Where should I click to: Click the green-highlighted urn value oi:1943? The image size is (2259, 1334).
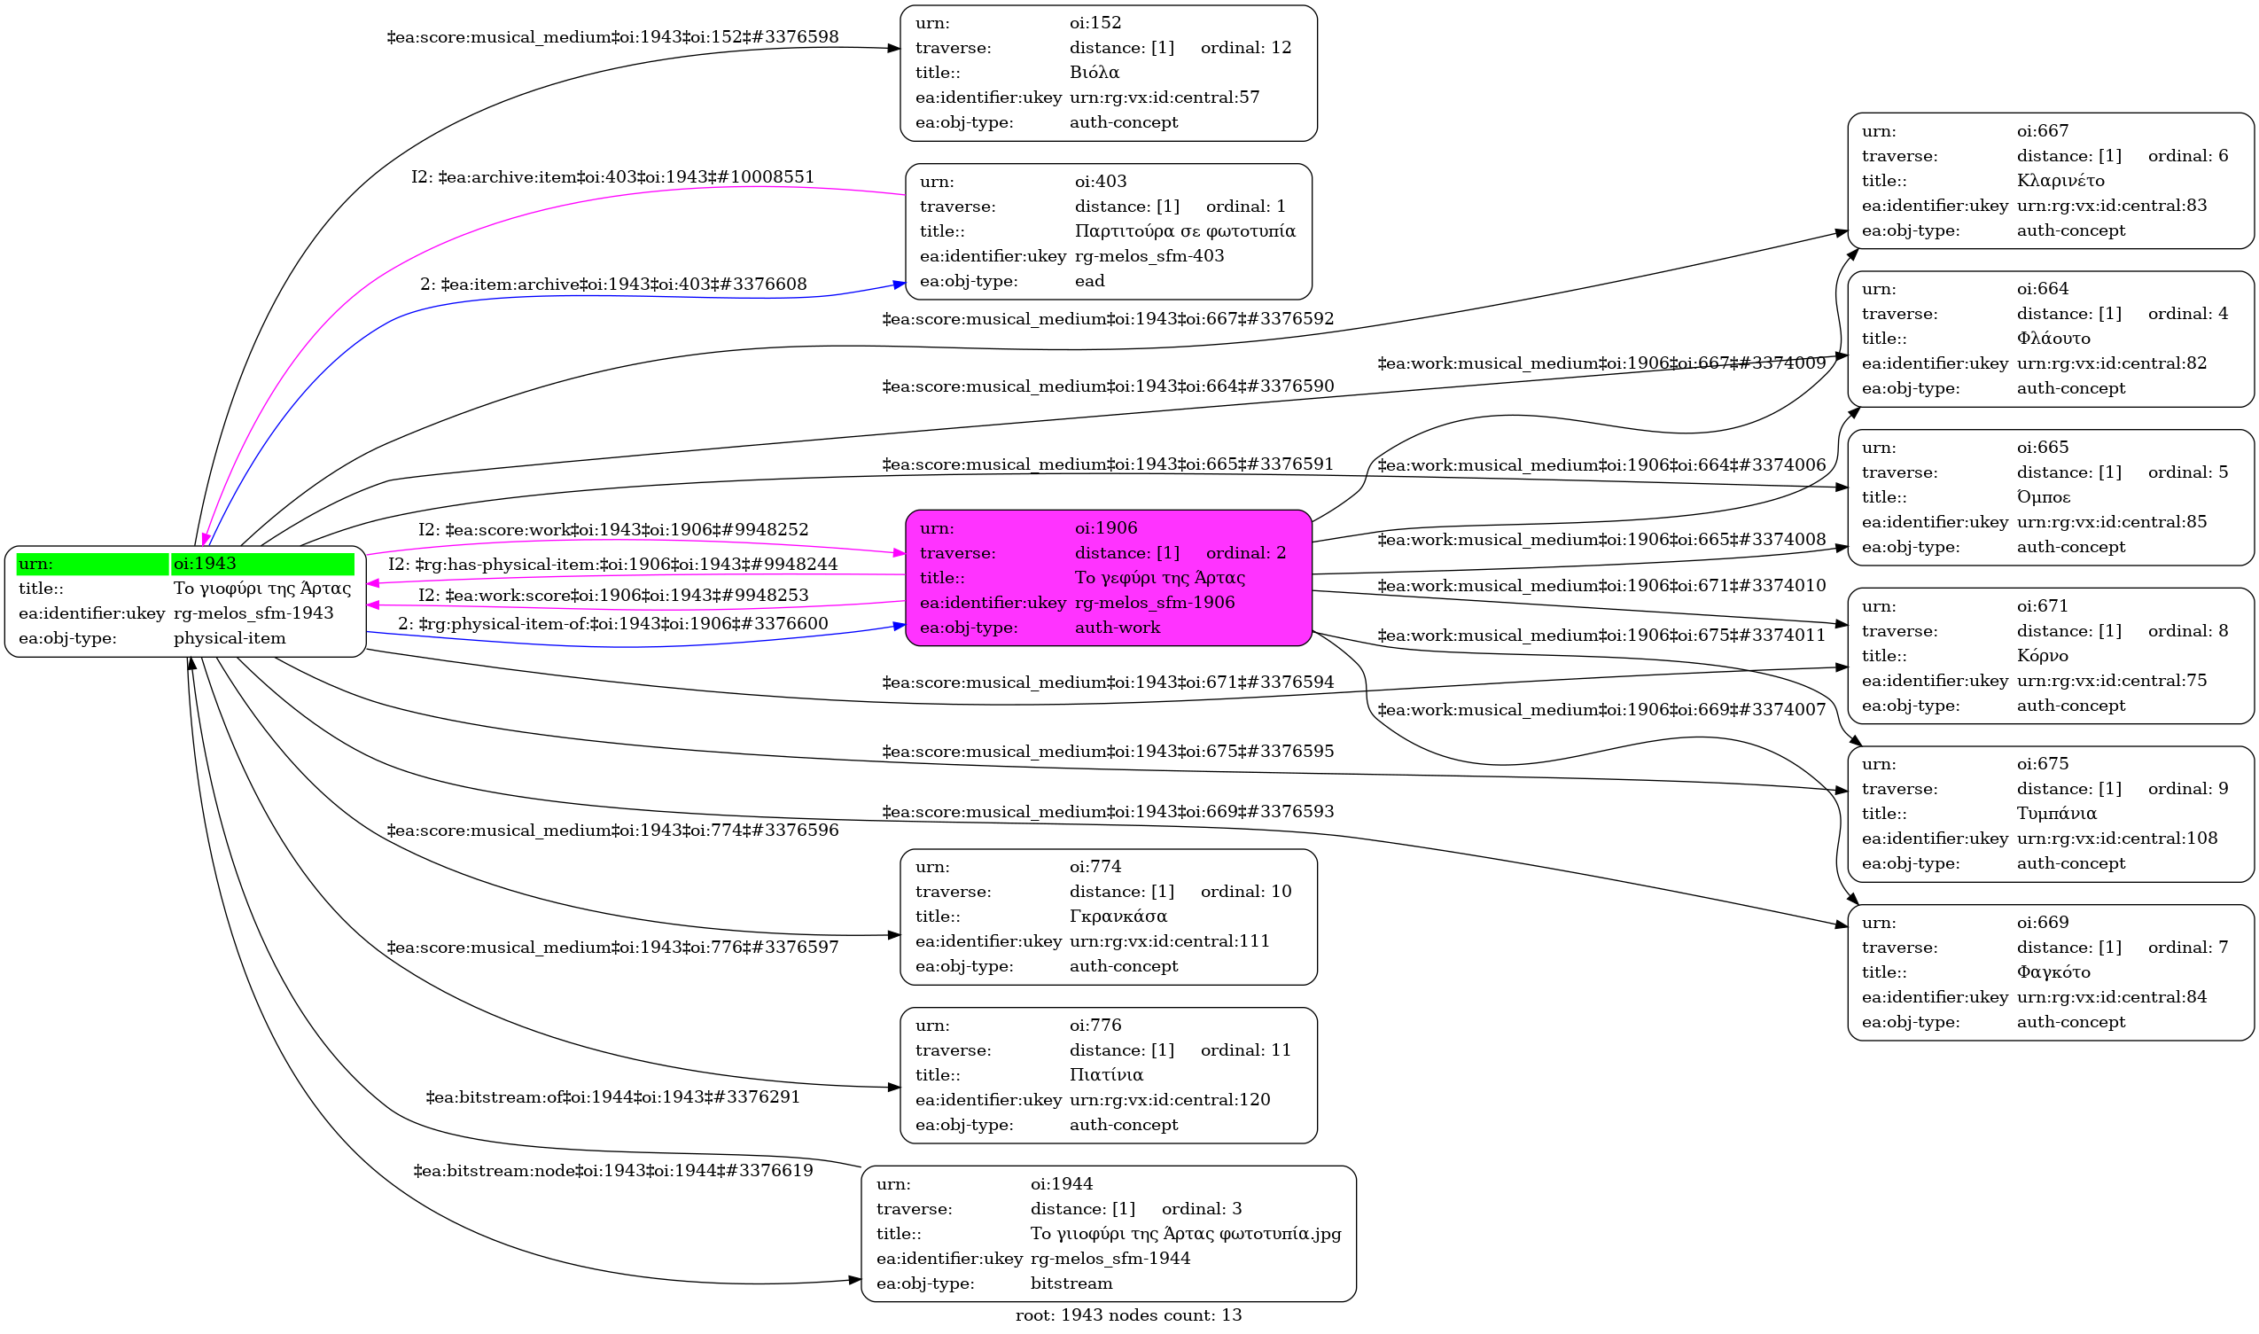(205, 564)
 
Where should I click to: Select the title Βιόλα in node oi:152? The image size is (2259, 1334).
(1094, 73)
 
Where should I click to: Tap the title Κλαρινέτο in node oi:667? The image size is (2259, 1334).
(2060, 181)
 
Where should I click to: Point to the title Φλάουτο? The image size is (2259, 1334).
(2053, 339)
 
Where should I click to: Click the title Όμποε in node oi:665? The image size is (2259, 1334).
(2043, 497)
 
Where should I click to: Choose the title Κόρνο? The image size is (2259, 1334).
(2042, 655)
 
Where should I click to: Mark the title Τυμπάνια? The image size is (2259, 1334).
(2056, 814)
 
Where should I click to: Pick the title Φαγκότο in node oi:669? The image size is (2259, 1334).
(2053, 971)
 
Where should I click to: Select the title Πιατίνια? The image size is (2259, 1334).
(1105, 1074)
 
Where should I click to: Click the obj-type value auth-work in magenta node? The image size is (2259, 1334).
(1117, 628)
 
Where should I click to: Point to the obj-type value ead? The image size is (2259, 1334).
(1089, 281)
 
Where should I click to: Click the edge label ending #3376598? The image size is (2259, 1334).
(611, 38)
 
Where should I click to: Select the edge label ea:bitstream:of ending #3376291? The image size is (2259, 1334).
(611, 1097)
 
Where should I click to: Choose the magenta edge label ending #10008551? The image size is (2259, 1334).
(611, 177)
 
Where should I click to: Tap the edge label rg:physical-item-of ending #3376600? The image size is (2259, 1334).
(611, 624)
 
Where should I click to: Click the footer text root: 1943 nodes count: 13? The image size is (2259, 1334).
(1127, 1315)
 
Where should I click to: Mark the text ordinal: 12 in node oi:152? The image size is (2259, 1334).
(1245, 48)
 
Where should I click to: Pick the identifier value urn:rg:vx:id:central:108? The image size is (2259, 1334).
(2116, 839)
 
